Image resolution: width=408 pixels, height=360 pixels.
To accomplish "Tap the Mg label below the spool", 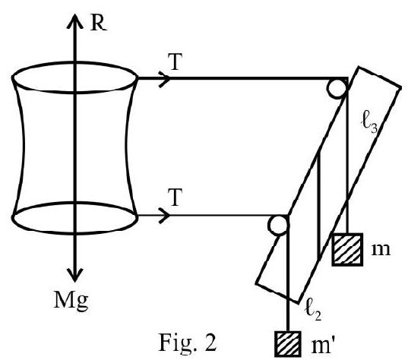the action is [x=71, y=301].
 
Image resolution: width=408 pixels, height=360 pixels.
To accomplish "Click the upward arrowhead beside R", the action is [x=75, y=21].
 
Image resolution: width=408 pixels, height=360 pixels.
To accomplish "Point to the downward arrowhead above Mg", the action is [x=75, y=275].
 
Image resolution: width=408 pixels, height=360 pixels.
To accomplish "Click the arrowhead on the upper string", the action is [x=164, y=78].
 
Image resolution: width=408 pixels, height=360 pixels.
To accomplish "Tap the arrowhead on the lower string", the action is [x=164, y=216].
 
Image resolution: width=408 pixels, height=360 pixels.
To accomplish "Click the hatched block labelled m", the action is [x=347, y=249].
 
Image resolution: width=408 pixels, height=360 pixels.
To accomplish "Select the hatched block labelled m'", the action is [x=288, y=344].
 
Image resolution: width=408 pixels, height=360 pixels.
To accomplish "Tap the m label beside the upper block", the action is [x=381, y=249].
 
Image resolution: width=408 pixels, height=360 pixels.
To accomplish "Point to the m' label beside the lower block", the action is [x=322, y=346].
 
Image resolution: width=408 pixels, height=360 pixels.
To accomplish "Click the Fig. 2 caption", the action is [x=188, y=343].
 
